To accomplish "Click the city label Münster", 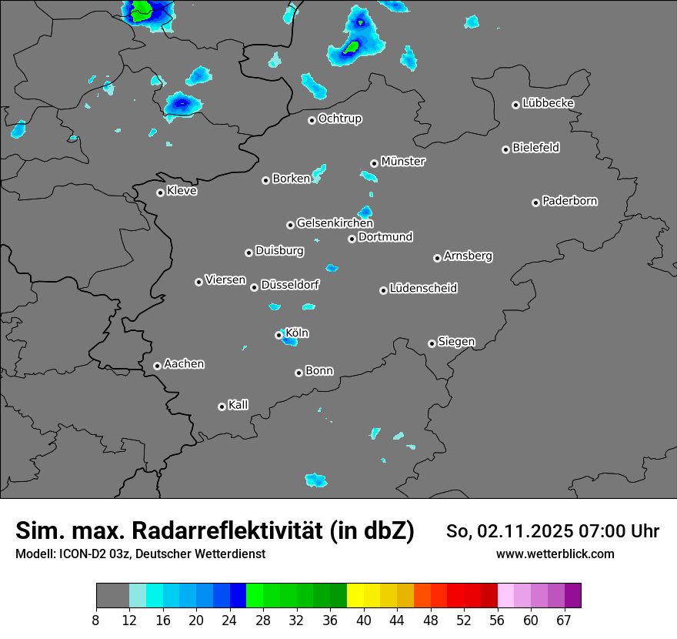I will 403,162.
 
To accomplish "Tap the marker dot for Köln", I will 278,335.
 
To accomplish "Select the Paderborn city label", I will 570,201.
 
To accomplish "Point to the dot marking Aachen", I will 157,366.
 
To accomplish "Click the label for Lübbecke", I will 549,103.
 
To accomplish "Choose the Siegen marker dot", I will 432,343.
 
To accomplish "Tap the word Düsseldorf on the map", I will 290,285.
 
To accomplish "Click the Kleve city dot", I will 160,192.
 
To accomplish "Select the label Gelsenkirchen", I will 335,223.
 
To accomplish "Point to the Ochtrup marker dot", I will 312,120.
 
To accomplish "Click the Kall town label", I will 238,405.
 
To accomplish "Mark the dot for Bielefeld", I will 505,149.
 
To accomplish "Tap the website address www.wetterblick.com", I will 555,554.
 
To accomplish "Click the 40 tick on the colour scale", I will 364,620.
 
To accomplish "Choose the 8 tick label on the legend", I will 96,620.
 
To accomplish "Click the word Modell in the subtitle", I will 35,554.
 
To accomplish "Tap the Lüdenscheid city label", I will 423,289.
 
